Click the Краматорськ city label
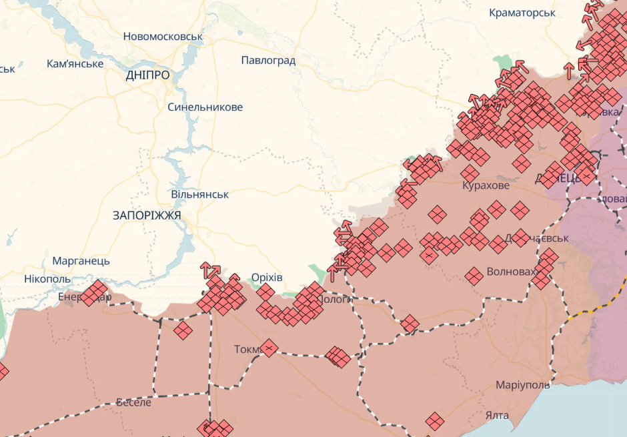[522, 13]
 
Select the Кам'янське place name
[75, 64]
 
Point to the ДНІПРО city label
[147, 75]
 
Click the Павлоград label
[268, 61]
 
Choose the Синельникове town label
[205, 107]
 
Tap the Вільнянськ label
[199, 194]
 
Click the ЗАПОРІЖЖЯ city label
[147, 215]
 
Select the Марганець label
[81, 261]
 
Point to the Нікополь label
[47, 278]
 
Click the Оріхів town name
[267, 278]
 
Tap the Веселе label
[133, 402]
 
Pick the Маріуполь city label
[523, 386]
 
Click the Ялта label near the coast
[497, 416]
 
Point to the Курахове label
[486, 185]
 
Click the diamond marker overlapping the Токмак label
[268, 348]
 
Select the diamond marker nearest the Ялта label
[435, 421]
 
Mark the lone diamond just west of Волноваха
[474, 276]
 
